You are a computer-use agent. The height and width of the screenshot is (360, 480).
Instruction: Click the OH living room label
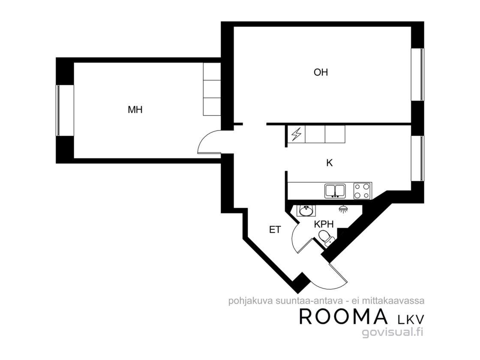(x=321, y=72)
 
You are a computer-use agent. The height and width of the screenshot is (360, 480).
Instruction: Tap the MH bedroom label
(x=135, y=110)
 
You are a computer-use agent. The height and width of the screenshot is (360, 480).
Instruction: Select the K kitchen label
(x=330, y=163)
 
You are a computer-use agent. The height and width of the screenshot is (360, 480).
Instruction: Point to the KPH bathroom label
(x=324, y=225)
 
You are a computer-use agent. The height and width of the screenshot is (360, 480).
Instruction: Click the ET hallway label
(x=275, y=230)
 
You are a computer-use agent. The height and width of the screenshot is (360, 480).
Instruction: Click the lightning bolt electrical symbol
(x=296, y=135)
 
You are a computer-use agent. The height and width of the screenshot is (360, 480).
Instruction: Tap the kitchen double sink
(x=335, y=190)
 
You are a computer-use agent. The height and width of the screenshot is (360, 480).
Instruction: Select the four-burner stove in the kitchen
(x=363, y=191)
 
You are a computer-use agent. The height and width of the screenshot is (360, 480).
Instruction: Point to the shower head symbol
(x=343, y=209)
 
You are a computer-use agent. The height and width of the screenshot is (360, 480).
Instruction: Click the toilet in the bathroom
(x=326, y=238)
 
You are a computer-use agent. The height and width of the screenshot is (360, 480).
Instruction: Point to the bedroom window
(x=57, y=110)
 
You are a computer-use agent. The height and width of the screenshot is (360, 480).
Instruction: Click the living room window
(x=417, y=75)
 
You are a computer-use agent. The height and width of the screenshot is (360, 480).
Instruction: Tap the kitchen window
(x=417, y=158)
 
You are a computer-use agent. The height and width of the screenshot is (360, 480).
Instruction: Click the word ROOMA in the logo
(x=343, y=317)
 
